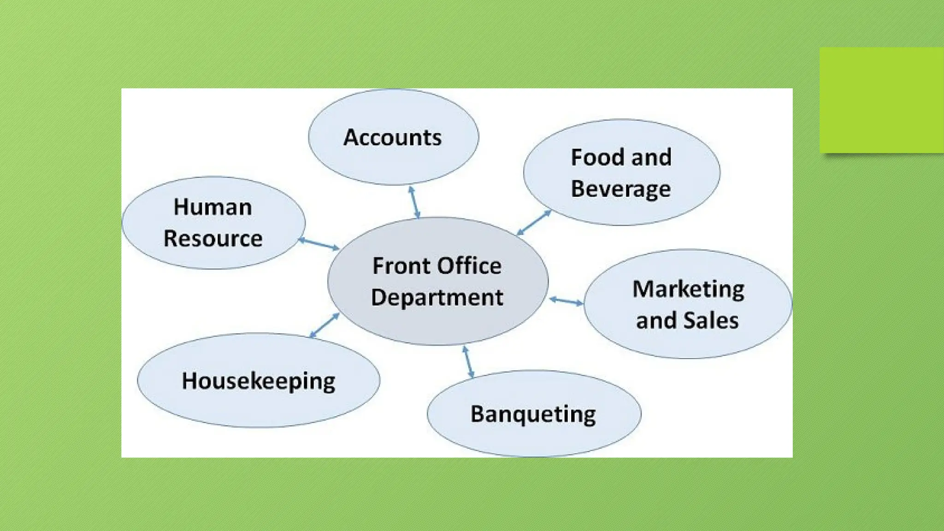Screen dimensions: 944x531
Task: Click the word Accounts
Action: [x=392, y=137]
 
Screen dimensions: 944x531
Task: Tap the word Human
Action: [x=212, y=207]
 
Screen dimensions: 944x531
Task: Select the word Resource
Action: [x=213, y=238]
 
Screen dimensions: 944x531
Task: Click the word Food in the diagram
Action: [x=597, y=157]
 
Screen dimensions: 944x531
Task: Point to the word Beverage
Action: [x=620, y=189]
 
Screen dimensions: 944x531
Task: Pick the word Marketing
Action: [x=688, y=289]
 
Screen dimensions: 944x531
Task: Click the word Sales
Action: [x=711, y=320]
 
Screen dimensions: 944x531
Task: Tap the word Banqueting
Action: [x=533, y=414]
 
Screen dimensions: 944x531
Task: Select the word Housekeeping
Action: [x=258, y=381]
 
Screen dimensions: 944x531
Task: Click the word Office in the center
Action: [x=469, y=266]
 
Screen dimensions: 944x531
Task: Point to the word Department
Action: [x=437, y=297]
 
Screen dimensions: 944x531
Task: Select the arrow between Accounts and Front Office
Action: [x=414, y=202]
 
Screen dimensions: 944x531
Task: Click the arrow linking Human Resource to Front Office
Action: [x=319, y=244]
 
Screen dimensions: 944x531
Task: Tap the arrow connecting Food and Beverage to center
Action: [x=534, y=222]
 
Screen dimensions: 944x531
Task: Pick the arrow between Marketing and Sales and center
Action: [x=566, y=301]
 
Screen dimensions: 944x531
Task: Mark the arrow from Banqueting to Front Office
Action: [x=468, y=362]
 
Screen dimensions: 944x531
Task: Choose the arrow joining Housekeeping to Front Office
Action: [x=324, y=325]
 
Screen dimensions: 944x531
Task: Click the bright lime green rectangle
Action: [x=881, y=100]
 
